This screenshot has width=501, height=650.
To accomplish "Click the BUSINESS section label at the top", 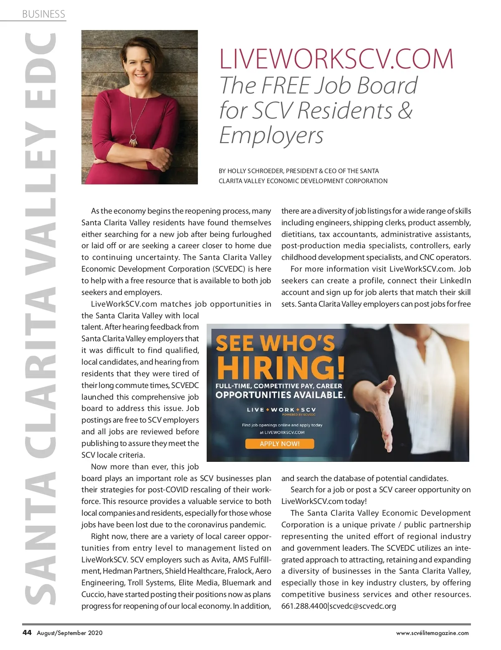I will [x=43, y=14].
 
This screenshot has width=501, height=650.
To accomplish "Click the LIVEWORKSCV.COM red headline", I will [x=336, y=59].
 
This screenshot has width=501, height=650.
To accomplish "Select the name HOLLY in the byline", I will [x=237, y=171].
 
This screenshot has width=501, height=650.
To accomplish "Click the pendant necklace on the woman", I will [x=133, y=139].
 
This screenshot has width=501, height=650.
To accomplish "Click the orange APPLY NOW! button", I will [x=279, y=443].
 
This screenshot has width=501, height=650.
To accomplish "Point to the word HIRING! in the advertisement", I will [x=281, y=368].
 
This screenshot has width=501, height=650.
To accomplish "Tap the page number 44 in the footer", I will [x=27, y=632].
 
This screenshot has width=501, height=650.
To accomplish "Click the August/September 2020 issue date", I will [x=70, y=633].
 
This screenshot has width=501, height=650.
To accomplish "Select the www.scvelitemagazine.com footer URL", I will [x=432, y=633].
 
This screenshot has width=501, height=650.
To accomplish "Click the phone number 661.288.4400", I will [x=304, y=606].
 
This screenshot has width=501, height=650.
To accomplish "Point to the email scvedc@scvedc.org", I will [x=363, y=606].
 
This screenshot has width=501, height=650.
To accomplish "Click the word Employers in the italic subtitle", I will [x=271, y=136].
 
